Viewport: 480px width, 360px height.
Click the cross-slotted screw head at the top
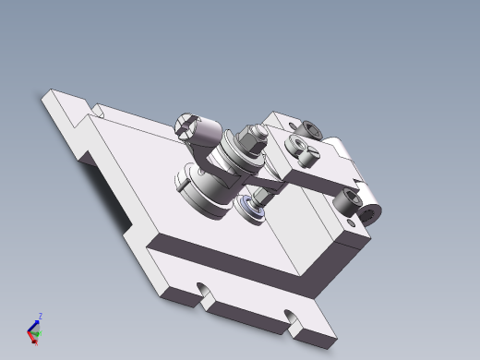[189, 125]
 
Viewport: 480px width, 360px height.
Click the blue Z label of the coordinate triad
[39, 316]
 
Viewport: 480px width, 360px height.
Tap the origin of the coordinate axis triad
[33, 333]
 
